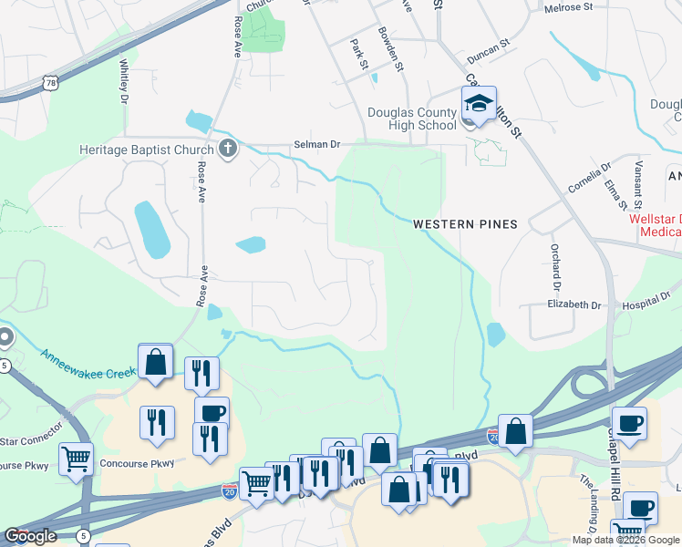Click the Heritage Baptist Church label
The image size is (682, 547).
coord(147,150)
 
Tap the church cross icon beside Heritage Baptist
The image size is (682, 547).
coord(228,149)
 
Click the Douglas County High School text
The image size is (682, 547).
coord(411,119)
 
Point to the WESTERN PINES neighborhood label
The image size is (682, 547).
coord(465,224)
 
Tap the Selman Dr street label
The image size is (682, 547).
coord(316,145)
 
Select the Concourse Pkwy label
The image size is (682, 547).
coord(136,462)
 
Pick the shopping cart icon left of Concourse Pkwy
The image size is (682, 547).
coord(76,458)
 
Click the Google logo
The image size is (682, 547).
coord(31,536)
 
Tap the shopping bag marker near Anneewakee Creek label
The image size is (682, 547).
coord(156,361)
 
